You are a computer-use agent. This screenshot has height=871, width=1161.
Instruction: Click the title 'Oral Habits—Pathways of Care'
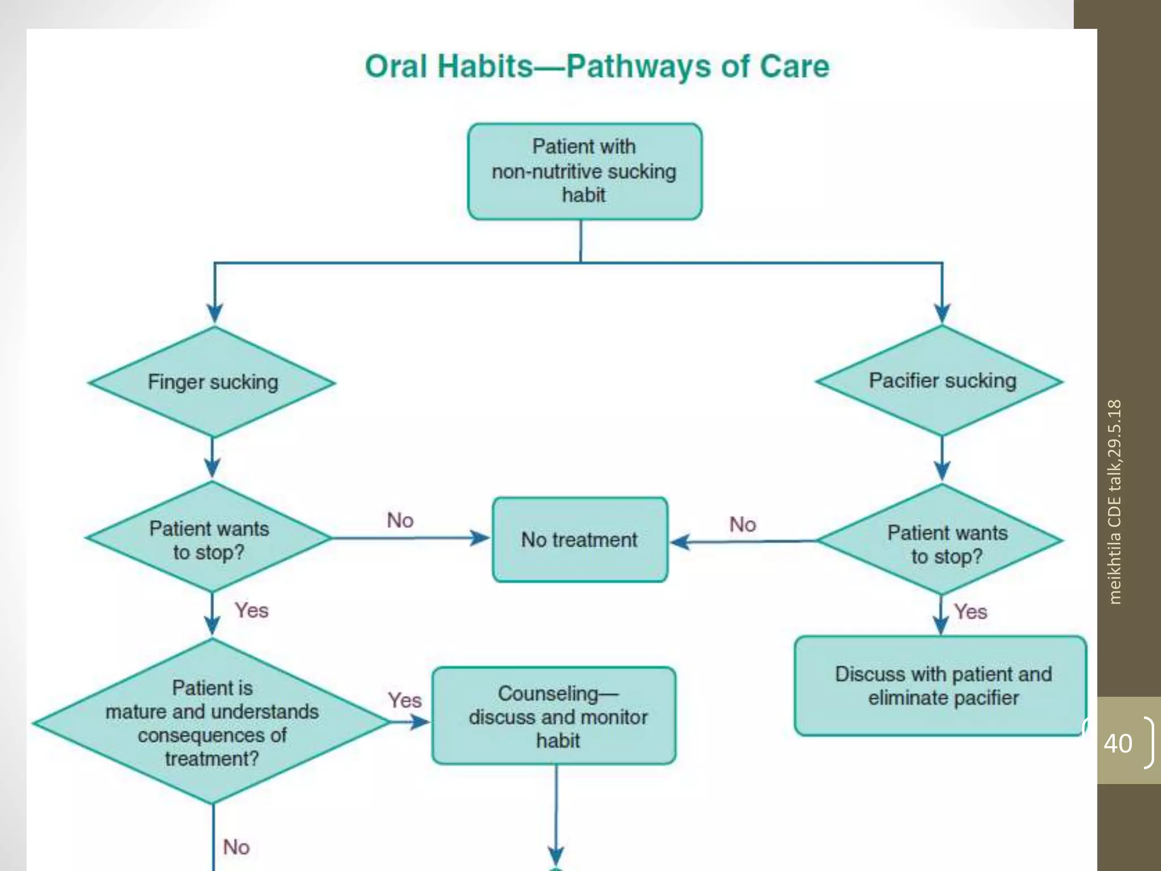[597, 66]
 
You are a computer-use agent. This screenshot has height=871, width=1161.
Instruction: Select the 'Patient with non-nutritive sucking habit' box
[584, 171]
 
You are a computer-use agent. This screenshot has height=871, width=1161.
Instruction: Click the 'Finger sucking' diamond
[213, 382]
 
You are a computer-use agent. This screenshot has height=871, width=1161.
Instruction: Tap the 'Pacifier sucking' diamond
[941, 380]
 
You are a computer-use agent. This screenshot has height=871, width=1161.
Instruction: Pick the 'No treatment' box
[579, 539]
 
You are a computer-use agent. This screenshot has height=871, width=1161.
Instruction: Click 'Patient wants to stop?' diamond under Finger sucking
[209, 539]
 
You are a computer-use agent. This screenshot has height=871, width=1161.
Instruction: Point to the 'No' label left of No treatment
[400, 520]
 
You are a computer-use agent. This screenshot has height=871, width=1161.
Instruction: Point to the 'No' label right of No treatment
[742, 524]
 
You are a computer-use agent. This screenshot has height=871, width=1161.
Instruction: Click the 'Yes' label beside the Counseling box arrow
[404, 700]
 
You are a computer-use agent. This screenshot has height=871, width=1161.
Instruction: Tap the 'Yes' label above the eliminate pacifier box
[970, 612]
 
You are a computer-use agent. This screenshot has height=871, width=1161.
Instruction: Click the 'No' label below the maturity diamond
[236, 847]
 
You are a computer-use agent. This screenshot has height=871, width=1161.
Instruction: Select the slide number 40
[1118, 743]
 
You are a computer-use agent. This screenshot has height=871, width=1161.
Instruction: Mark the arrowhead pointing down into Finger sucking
[214, 312]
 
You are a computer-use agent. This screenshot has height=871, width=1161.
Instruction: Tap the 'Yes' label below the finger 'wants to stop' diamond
[252, 611]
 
